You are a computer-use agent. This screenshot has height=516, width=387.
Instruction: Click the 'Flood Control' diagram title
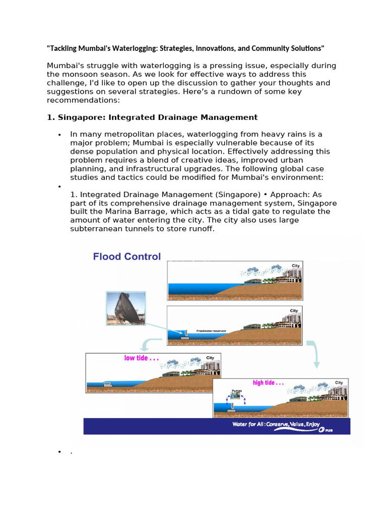pos(126,256)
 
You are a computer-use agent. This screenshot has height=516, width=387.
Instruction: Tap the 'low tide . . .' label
pos(142,358)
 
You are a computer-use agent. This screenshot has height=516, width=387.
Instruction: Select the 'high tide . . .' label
pos(268,383)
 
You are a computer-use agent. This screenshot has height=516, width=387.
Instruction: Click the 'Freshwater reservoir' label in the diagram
pos(211,331)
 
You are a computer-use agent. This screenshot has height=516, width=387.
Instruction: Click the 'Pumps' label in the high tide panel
pos(236,391)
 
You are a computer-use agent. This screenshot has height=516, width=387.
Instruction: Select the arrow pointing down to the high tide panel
pos(315,355)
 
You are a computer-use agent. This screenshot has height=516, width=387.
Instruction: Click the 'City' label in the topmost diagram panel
pos(295,266)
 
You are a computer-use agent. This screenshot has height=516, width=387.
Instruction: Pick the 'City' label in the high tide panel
pos(339,383)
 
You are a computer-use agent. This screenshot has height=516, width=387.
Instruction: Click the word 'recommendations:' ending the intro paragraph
pos(83,100)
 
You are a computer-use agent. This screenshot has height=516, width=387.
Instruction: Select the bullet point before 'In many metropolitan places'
pos(59,135)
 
